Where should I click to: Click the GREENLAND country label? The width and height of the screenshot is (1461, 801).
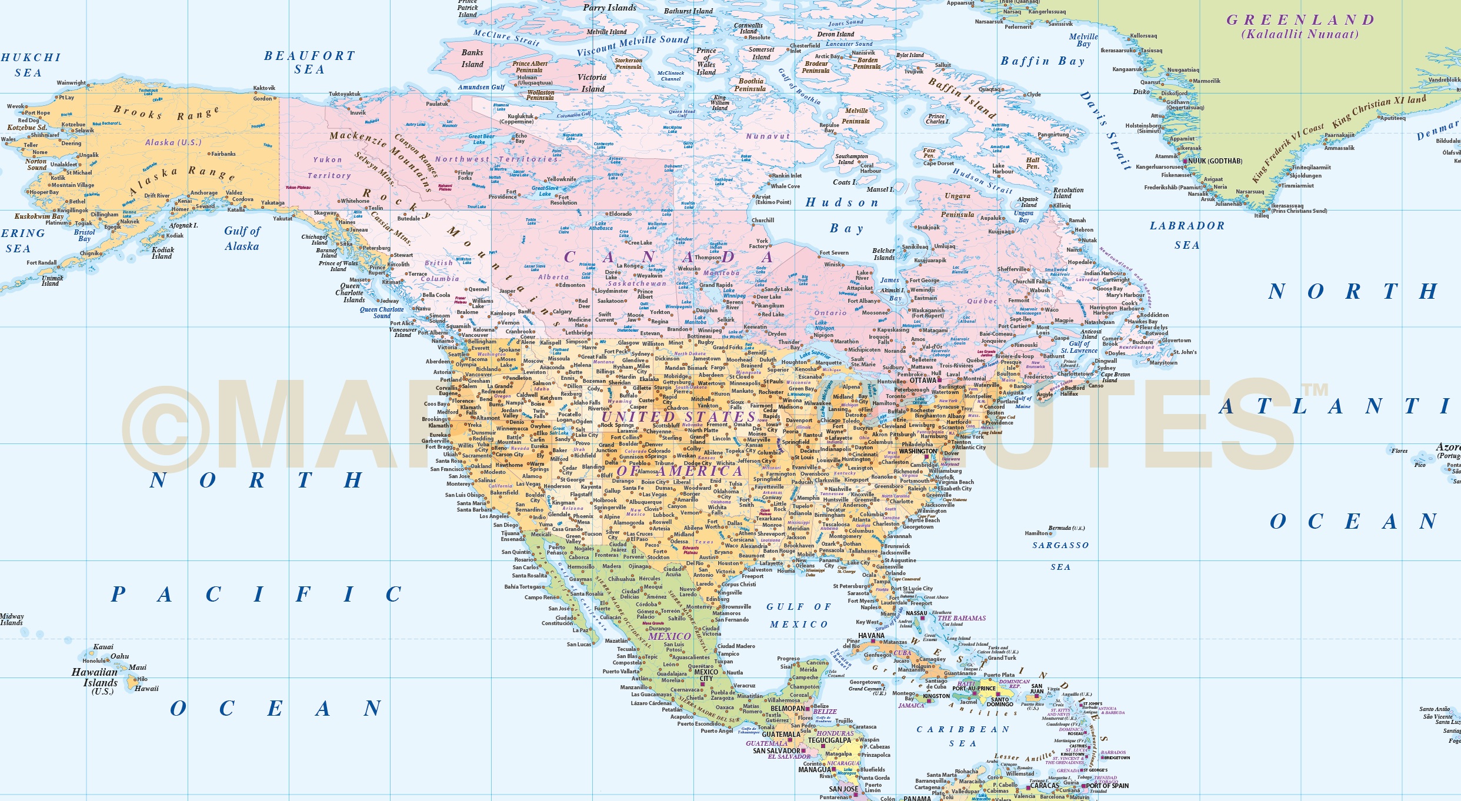(1300, 20)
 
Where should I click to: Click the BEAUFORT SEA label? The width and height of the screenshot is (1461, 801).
(309, 62)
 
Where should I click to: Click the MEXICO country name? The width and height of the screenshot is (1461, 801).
(669, 636)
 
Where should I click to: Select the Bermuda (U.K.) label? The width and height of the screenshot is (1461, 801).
(1066, 528)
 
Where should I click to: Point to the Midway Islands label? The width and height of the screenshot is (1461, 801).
(12, 619)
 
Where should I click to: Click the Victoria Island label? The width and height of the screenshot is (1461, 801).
(592, 83)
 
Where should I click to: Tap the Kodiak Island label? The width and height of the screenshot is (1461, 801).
(162, 253)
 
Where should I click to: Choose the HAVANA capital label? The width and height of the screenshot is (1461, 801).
(871, 636)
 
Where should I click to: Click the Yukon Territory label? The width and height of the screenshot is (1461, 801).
(329, 168)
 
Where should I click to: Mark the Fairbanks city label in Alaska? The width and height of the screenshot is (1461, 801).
(224, 154)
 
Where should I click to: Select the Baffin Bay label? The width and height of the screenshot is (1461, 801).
(1042, 61)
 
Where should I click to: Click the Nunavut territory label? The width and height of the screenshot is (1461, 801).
(768, 136)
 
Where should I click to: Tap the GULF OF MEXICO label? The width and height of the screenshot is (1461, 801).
(799, 615)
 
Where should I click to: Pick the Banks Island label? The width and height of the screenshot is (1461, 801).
(472, 58)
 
